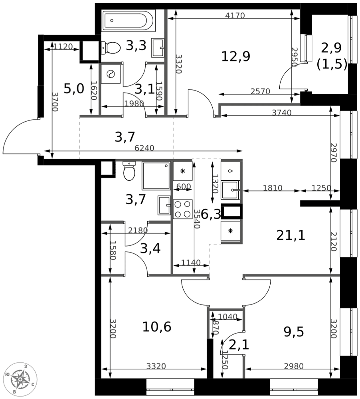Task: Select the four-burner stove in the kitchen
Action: pyautogui.click(x=182, y=209)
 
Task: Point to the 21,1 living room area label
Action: pyautogui.click(x=291, y=236)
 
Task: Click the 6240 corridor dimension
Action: pyautogui.click(x=144, y=148)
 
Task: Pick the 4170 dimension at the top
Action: pyautogui.click(x=235, y=16)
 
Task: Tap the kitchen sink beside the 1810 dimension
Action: pyautogui.click(x=230, y=190)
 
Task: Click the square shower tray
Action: pyautogui.click(x=156, y=176)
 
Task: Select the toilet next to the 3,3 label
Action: pyautogui.click(x=111, y=48)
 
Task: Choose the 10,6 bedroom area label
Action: pyautogui.click(x=156, y=327)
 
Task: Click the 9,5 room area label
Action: pyautogui.click(x=294, y=332)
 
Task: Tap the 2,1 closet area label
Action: pyautogui.click(x=239, y=345)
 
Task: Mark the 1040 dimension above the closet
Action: pyautogui.click(x=227, y=316)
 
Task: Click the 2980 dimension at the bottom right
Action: pyautogui.click(x=294, y=366)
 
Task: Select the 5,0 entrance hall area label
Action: pyautogui.click(x=73, y=89)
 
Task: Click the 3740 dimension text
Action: pyautogui.click(x=282, y=113)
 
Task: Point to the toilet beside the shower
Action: pyautogui.click(x=129, y=171)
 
